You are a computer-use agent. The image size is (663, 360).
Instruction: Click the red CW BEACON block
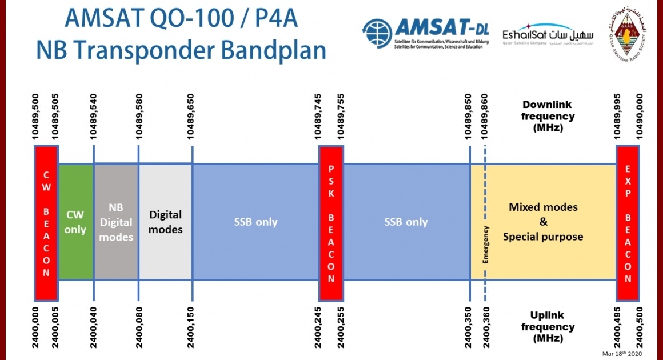click(46, 223)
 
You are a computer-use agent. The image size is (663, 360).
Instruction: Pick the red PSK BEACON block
click(331, 223)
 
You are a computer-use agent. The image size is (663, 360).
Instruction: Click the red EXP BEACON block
click(628, 223)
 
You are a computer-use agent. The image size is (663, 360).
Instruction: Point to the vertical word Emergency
click(486, 244)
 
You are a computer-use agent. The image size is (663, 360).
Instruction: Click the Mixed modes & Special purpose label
click(543, 222)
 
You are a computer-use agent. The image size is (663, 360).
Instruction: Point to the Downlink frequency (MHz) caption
click(548, 117)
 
